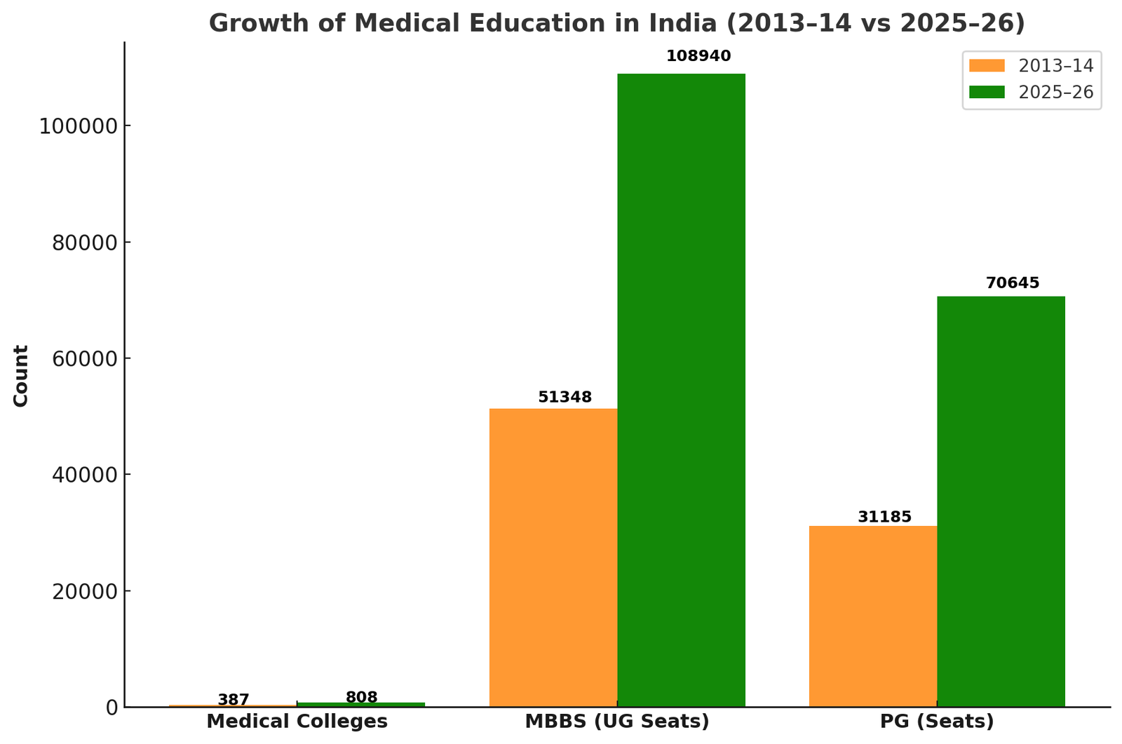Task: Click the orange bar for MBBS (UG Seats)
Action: pyautogui.click(x=553, y=557)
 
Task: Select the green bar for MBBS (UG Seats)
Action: pyautogui.click(x=681, y=390)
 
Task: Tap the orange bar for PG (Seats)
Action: pyautogui.click(x=872, y=616)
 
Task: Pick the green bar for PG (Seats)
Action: pyautogui.click(x=1001, y=501)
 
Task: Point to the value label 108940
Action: pyautogui.click(x=698, y=56)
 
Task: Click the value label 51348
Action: pyautogui.click(x=565, y=398)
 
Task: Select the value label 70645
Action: pyautogui.click(x=1013, y=283)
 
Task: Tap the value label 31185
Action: pyautogui.click(x=884, y=518)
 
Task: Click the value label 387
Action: pyautogui.click(x=234, y=700)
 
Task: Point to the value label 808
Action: pyautogui.click(x=361, y=698)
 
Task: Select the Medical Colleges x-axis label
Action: pyautogui.click(x=297, y=722)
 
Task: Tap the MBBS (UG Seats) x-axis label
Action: pyautogui.click(x=617, y=722)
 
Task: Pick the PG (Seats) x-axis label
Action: pyautogui.click(x=937, y=722)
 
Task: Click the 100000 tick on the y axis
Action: pyautogui.click(x=77, y=126)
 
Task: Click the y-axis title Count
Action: pyautogui.click(x=21, y=375)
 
